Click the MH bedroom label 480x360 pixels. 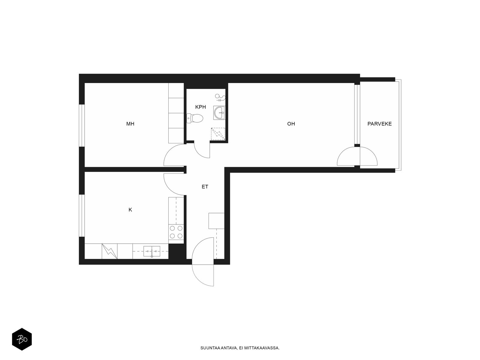click(130, 124)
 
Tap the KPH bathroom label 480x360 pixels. click(200, 107)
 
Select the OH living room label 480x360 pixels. click(291, 124)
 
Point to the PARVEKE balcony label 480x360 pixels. click(379, 124)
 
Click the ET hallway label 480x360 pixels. click(205, 187)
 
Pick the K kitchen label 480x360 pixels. click(130, 210)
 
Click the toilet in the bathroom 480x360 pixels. click(195, 118)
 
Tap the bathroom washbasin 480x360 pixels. click(219, 113)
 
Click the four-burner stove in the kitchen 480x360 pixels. click(176, 232)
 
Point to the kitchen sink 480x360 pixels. click(151, 251)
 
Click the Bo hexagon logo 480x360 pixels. click(22, 339)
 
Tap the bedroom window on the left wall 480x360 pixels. click(82, 125)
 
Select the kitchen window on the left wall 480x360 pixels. click(82, 215)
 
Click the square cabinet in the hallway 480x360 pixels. click(216, 221)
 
